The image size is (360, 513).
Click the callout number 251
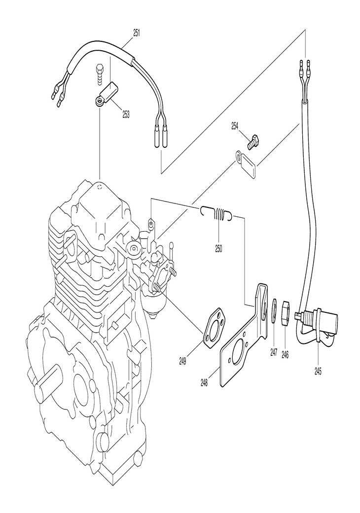coord(137,33)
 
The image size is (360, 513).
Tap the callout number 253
coord(126,115)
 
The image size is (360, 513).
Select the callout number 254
coord(235,126)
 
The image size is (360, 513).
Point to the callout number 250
coord(218,249)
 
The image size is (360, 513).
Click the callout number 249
coord(182,361)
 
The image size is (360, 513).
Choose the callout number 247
coord(274,352)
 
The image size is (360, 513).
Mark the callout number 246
coord(285,354)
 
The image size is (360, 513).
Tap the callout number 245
coord(318,371)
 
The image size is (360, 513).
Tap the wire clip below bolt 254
coord(246,166)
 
